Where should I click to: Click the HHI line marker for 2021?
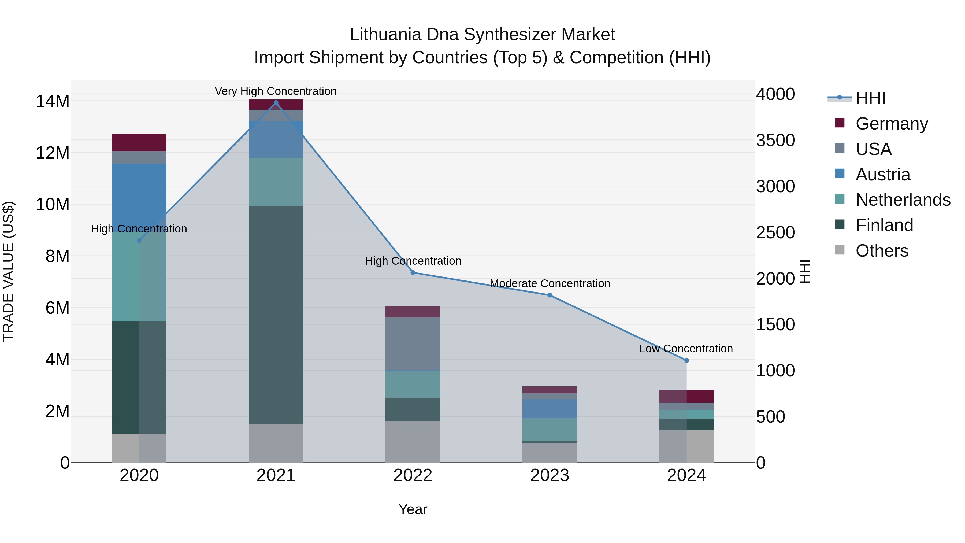point(276,103)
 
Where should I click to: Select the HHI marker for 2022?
point(413,273)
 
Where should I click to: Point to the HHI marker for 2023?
point(550,295)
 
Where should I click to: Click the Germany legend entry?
point(892,124)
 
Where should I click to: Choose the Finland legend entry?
point(884,225)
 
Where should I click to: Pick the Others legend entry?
point(882,251)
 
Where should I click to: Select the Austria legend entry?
point(883,175)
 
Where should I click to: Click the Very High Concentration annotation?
point(276,91)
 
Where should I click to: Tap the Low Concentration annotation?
point(686,349)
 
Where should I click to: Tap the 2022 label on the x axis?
point(413,475)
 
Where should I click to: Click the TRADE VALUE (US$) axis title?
point(8,271)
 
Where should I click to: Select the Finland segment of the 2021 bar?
point(276,315)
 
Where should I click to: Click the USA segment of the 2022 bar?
point(413,344)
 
